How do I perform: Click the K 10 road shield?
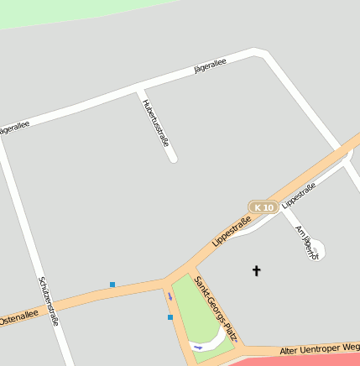click(263, 207)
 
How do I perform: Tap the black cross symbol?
click(257, 270)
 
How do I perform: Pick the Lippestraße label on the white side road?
click(299, 196)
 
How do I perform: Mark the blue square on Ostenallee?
click(112, 285)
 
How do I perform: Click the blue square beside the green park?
click(170, 317)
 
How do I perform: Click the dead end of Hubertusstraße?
click(173, 157)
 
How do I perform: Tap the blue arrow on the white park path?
click(198, 346)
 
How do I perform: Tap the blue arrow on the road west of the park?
click(170, 296)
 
